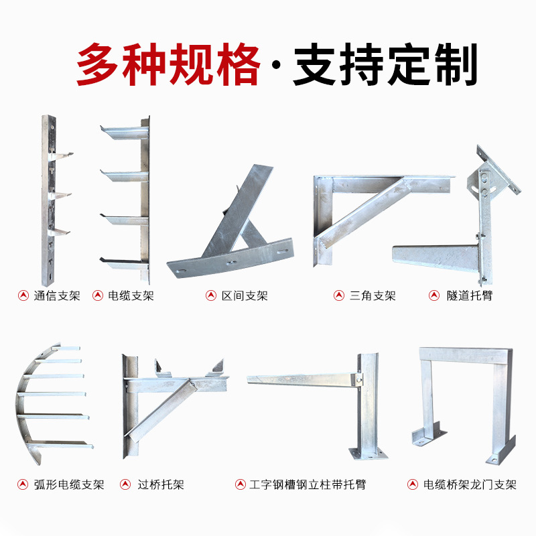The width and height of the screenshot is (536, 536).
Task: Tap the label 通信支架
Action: [x=56, y=295]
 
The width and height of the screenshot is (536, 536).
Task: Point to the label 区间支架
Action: [x=245, y=295]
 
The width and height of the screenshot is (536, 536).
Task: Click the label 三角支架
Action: [x=373, y=295]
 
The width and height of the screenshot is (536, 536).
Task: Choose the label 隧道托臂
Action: [x=469, y=295]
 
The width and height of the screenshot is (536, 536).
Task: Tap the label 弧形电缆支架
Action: [x=69, y=484]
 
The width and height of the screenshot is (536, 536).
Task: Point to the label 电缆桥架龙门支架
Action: [x=470, y=484]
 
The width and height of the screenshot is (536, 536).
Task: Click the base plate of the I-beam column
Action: [x=368, y=454]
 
